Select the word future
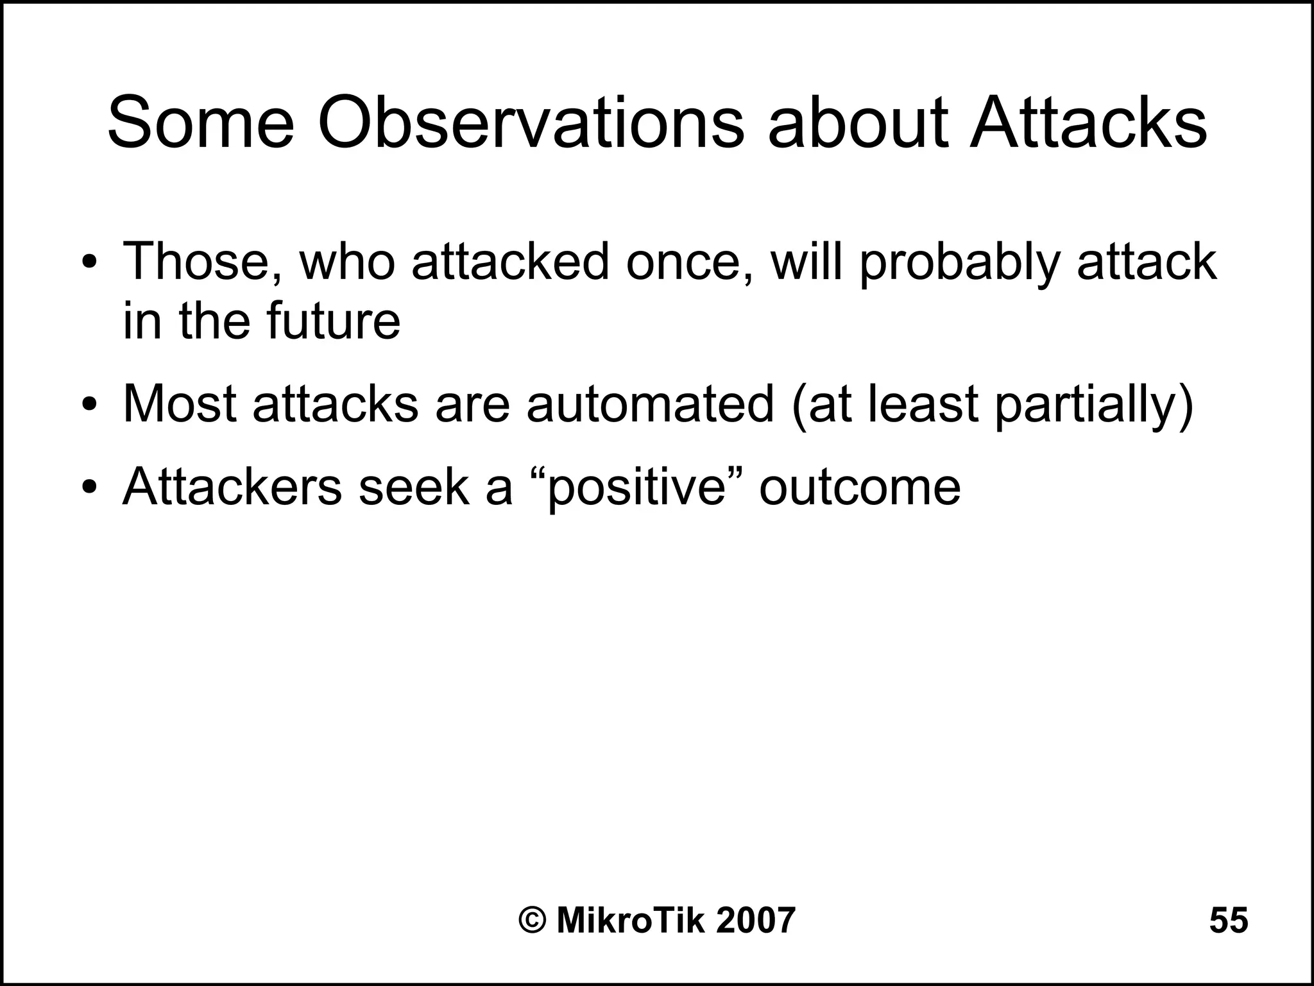[333, 321]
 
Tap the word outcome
[860, 487]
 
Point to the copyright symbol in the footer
[532, 920]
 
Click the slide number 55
[1229, 920]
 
